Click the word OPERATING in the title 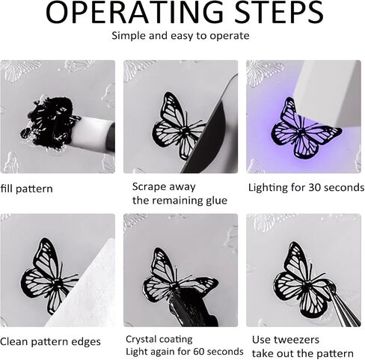[x=135, y=12]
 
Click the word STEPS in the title [x=279, y=12]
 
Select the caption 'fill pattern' [x=26, y=189]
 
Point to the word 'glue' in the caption [x=216, y=201]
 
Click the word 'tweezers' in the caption [x=300, y=340]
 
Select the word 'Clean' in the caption [x=14, y=341]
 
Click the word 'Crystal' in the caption [x=141, y=340]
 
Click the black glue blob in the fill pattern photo [x=49, y=121]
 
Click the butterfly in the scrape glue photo [x=178, y=126]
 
